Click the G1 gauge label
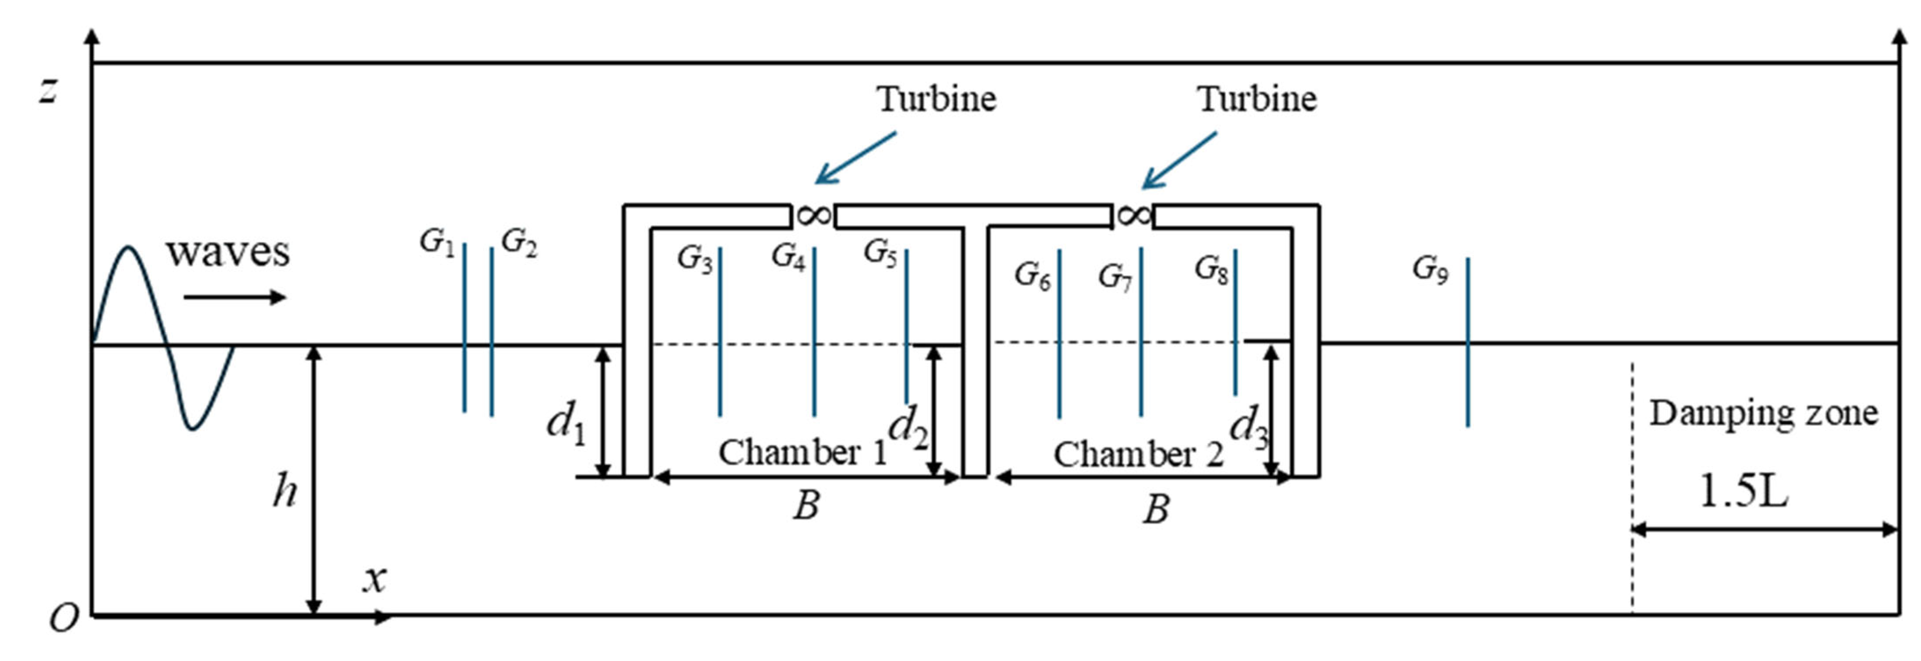[437, 242]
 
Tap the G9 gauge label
[1430, 270]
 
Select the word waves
[227, 252]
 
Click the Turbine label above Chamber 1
[936, 99]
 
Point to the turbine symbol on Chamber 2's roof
[1134, 216]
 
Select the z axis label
[49, 91]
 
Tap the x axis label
[375, 578]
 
